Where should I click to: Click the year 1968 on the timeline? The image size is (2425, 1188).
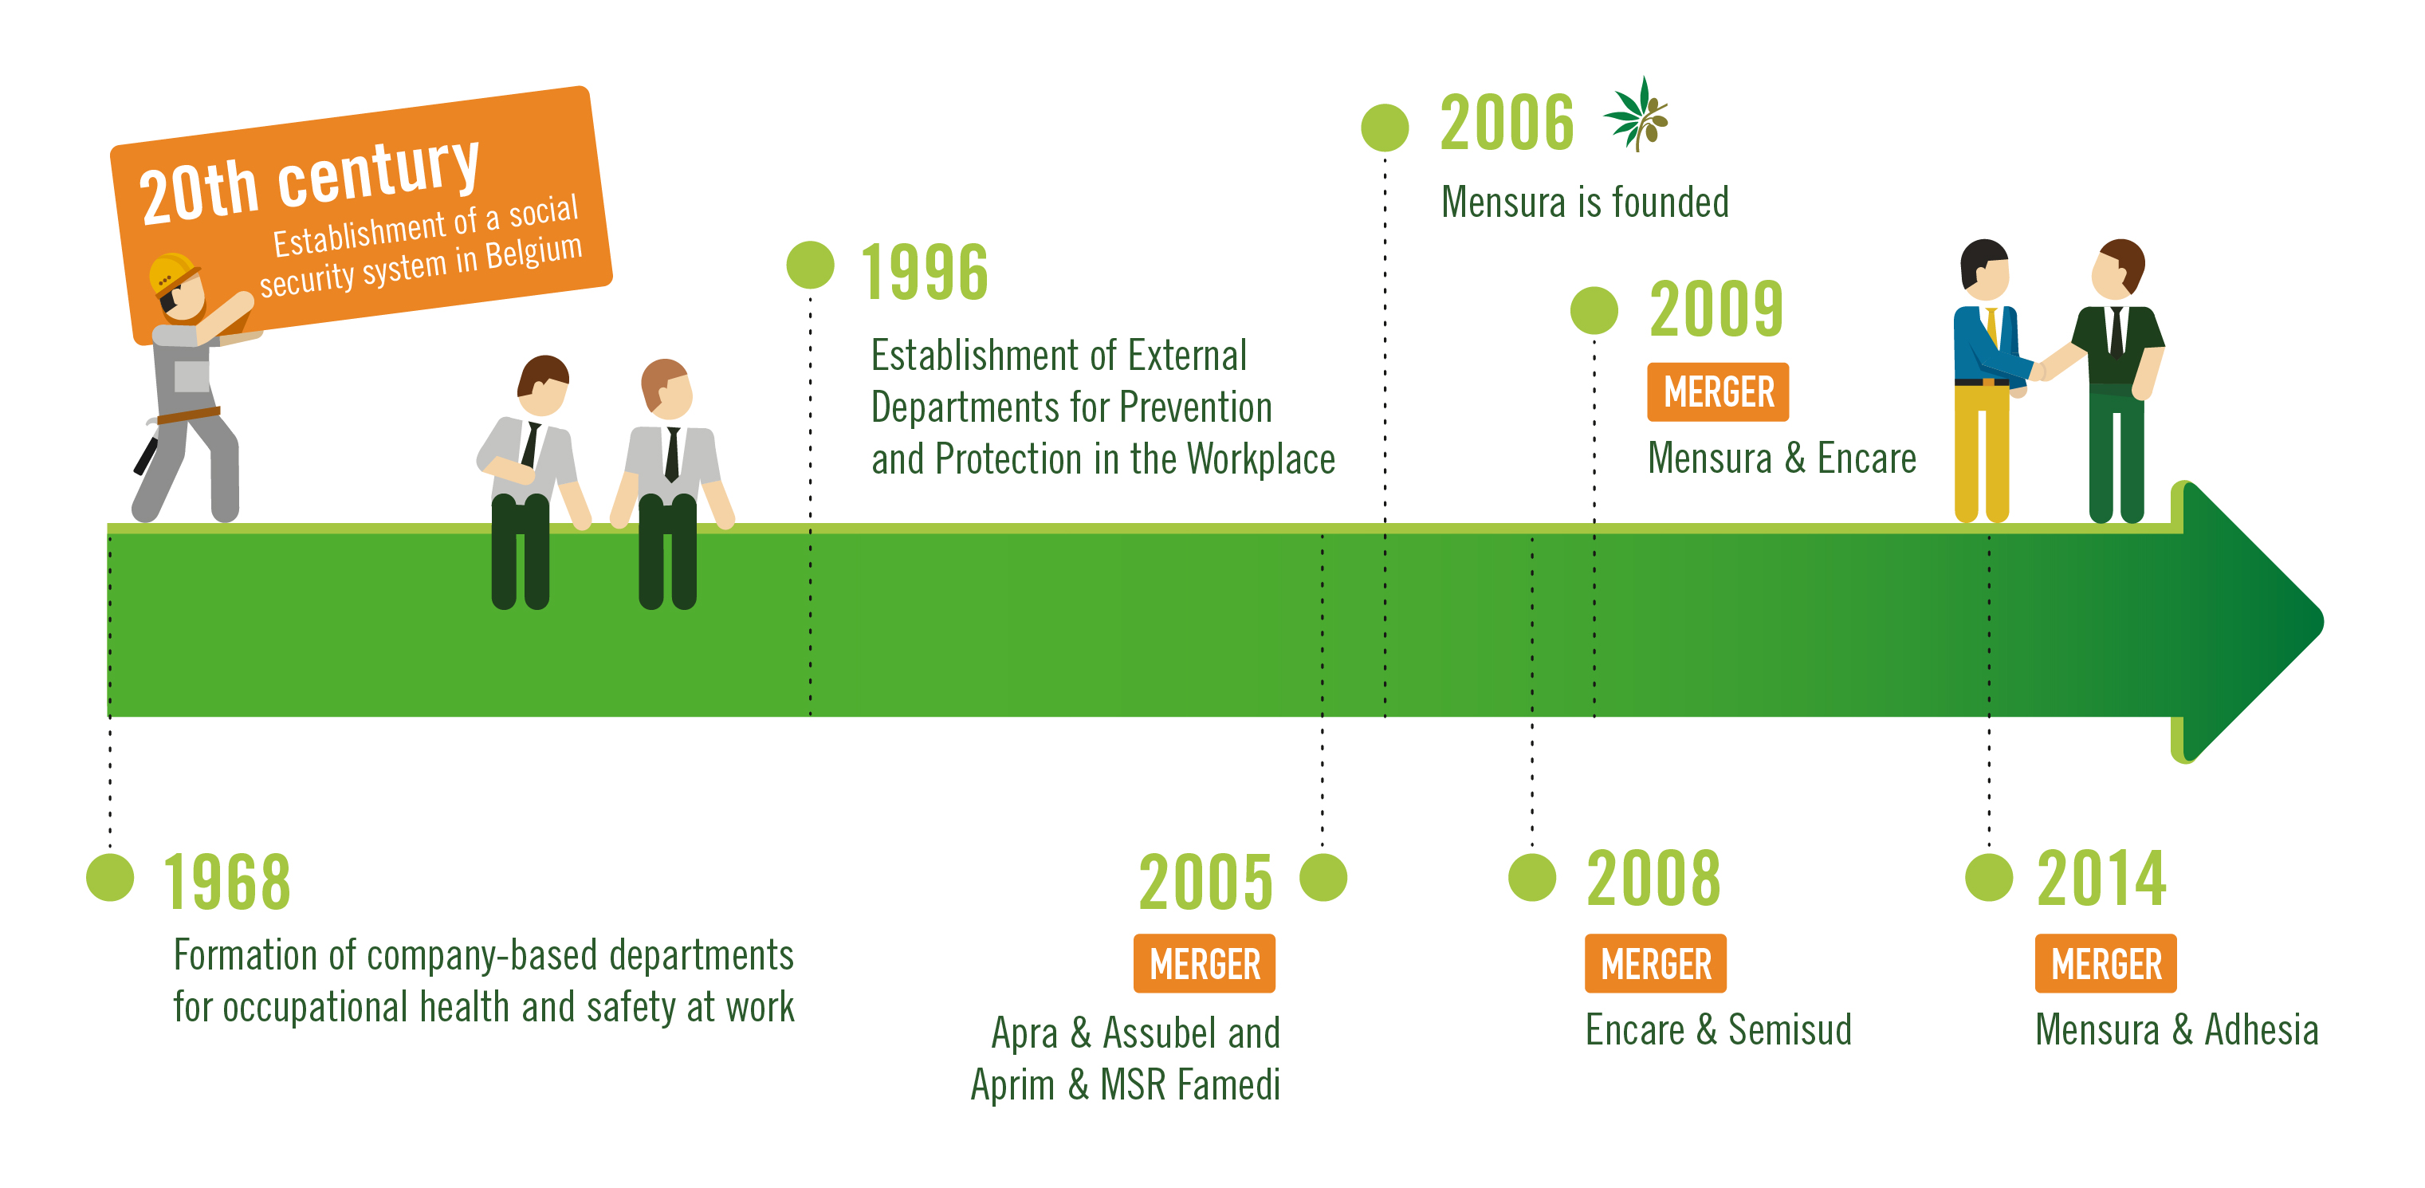click(227, 882)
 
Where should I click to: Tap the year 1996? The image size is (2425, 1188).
click(925, 272)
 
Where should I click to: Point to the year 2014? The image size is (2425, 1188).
click(2101, 879)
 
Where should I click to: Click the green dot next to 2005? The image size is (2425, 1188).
click(1323, 877)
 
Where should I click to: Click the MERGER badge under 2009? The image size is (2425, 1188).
click(1718, 391)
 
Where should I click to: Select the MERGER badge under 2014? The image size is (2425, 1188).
click(2106, 963)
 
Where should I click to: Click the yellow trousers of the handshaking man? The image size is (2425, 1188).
click(1981, 452)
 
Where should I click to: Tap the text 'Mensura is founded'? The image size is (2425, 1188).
click(1586, 203)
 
